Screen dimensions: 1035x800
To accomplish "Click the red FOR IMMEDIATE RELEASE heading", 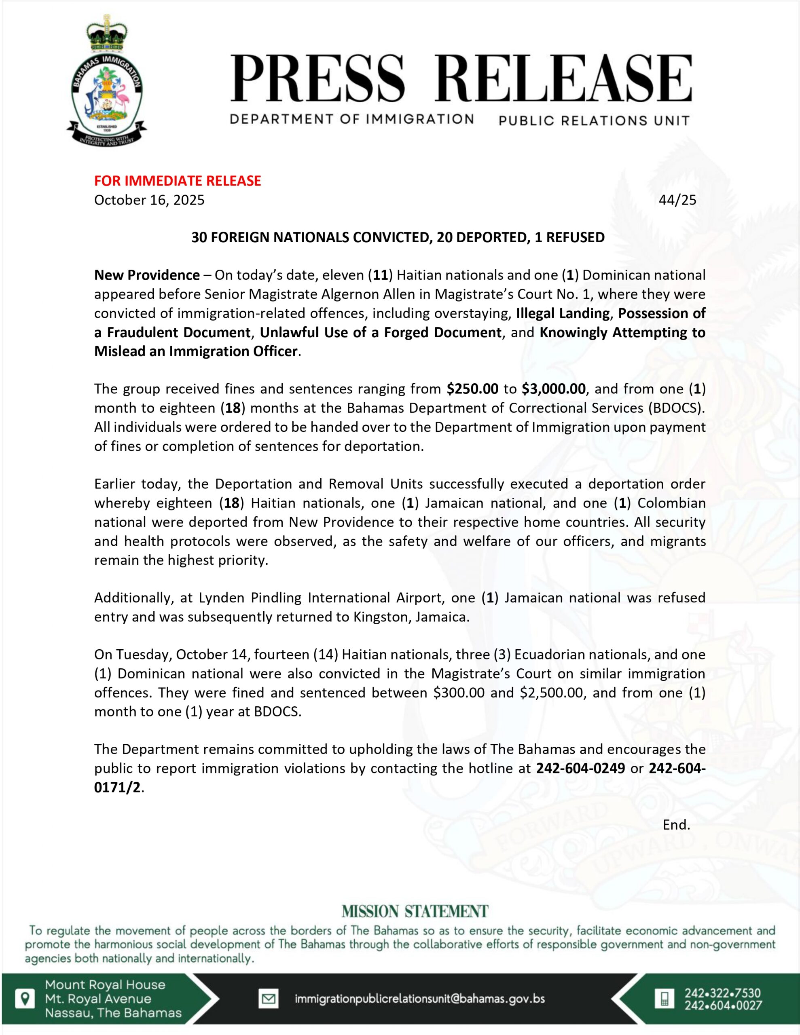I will (x=178, y=181).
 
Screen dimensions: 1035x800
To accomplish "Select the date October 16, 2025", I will (x=149, y=200).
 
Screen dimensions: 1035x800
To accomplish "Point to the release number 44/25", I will (x=677, y=200).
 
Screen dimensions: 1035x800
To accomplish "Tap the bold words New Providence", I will (x=147, y=275).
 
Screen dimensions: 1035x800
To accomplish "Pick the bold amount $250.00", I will (x=472, y=389).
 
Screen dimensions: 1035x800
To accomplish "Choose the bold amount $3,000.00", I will (x=553, y=389).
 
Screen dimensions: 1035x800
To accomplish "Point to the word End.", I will (x=676, y=825).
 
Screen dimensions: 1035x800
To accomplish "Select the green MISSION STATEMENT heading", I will (x=415, y=911).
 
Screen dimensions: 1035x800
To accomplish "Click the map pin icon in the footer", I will (x=25, y=999).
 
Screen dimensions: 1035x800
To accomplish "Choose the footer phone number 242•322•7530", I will (x=723, y=993).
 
